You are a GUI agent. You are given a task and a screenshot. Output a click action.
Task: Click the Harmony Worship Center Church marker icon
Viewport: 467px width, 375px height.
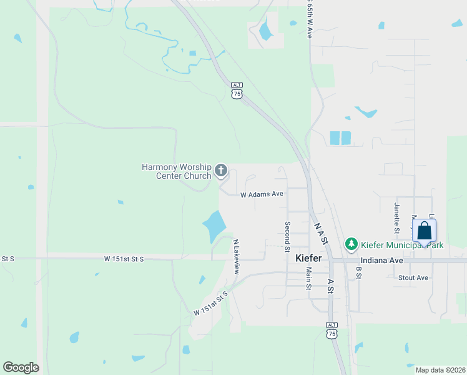[x=220, y=170]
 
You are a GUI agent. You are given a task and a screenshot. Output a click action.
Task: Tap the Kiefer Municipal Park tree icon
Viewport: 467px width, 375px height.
[x=351, y=244]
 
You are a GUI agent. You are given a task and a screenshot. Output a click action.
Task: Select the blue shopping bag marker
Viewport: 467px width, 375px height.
[x=424, y=231]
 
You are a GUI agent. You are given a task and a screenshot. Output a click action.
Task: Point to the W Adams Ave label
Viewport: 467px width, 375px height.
[x=262, y=194]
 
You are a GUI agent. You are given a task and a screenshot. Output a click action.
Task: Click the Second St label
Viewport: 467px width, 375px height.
[x=287, y=237]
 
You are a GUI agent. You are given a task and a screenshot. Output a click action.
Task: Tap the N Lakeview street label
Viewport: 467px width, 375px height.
[x=236, y=257]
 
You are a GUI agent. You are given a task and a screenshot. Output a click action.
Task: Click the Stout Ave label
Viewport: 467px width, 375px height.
[x=413, y=277]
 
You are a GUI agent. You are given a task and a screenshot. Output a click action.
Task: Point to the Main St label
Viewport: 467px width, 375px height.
[x=308, y=279]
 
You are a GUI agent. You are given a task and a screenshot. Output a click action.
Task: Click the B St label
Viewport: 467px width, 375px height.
[x=359, y=273]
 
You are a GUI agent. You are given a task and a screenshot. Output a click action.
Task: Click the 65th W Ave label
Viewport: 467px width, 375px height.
[x=309, y=20]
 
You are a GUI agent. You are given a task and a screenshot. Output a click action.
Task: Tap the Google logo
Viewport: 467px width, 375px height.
[x=21, y=367]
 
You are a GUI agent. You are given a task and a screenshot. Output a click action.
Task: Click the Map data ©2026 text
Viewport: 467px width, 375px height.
[x=440, y=370]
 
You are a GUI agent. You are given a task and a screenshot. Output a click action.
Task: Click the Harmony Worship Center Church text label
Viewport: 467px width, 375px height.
[x=177, y=171]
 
